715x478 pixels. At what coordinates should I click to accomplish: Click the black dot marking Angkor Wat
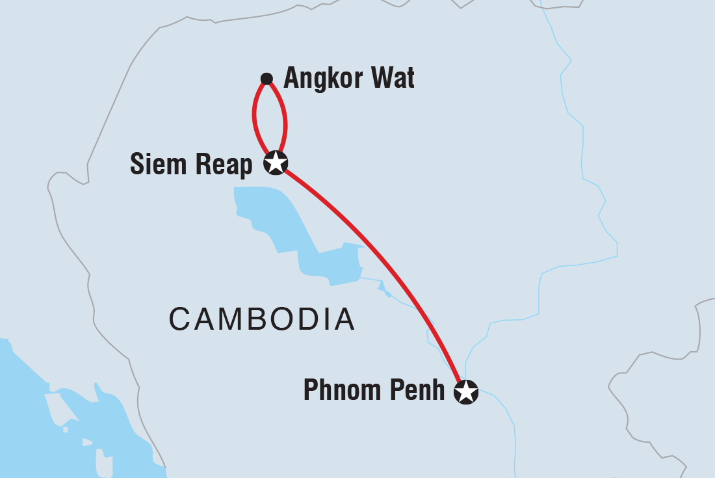click(266, 79)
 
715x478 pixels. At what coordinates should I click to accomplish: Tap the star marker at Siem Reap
click(276, 163)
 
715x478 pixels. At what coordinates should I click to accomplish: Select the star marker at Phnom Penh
click(466, 392)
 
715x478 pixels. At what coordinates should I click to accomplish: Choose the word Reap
click(225, 166)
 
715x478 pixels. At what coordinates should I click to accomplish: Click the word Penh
click(420, 391)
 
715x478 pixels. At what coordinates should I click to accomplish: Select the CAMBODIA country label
click(261, 319)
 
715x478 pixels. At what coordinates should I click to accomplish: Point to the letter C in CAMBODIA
click(179, 319)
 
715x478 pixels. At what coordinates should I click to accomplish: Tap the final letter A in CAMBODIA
click(343, 319)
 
